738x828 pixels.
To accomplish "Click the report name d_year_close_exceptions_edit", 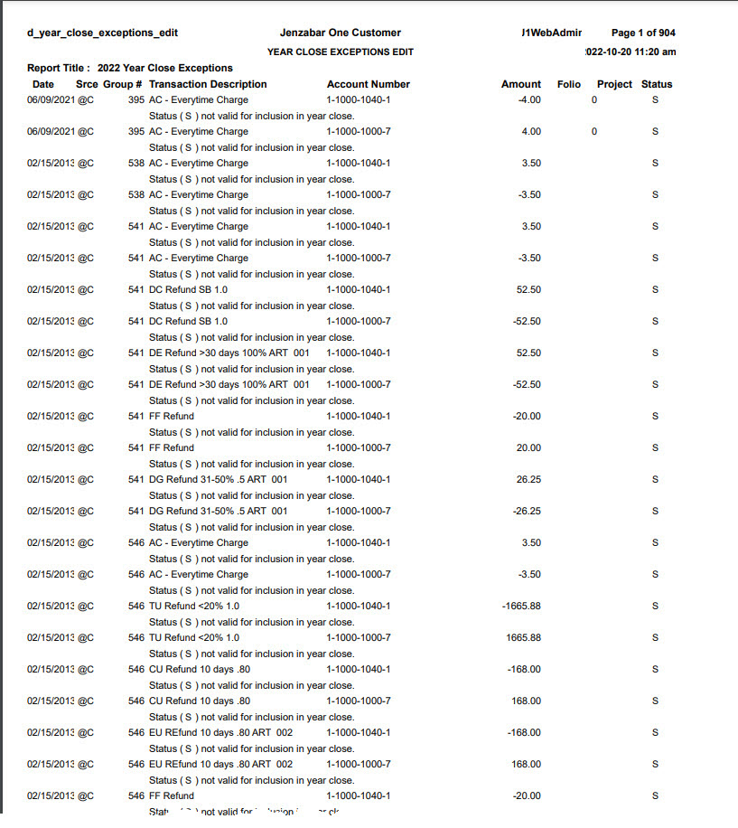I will coord(102,33).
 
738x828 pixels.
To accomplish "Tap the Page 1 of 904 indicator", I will coord(643,33).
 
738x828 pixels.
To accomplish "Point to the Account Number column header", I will coord(368,84).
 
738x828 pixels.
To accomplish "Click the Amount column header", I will coord(520,84).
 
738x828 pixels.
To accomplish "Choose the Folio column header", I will coord(569,84).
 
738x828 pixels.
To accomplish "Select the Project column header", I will coord(614,84).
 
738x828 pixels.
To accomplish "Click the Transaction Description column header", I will coord(208,84).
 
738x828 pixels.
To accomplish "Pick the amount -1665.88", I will coord(521,606).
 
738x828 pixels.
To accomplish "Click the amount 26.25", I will coord(528,479).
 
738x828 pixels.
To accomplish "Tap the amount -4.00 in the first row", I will coord(529,99).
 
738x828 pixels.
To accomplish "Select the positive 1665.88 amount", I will coord(523,637).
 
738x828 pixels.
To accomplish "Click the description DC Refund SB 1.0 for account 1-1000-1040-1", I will coord(188,289).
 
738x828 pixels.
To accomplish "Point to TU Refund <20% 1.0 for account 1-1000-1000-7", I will coord(194,637).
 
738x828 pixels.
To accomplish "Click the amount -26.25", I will coord(527,511).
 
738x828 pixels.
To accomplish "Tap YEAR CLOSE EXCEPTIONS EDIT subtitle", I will coord(340,52).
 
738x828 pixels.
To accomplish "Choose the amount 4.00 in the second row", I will coord(531,131).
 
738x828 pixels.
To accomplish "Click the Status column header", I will coord(657,84).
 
